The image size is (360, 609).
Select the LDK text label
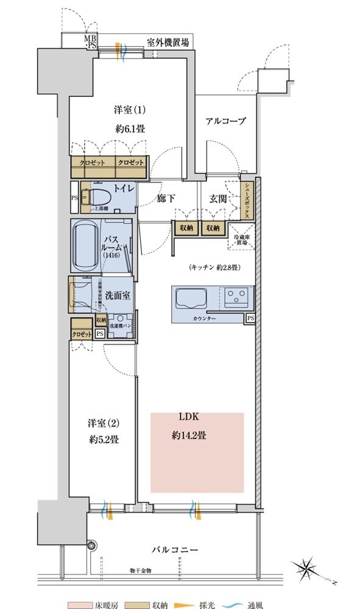tap(189, 417)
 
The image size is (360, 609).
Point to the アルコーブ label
tap(225, 121)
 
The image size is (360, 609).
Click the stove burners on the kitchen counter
tap(236, 298)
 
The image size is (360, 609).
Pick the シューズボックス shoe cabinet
tap(248, 200)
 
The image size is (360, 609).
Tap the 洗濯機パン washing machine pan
tap(121, 325)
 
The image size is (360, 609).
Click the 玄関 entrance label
tap(219, 199)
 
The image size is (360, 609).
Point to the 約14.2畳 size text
tap(188, 435)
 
